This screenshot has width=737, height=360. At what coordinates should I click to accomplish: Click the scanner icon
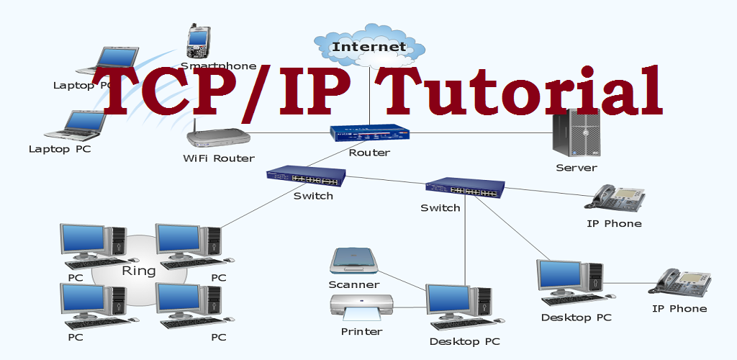[x=353, y=261]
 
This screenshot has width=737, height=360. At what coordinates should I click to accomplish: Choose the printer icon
[x=361, y=308]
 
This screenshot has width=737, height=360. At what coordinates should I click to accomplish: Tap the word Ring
[x=139, y=271]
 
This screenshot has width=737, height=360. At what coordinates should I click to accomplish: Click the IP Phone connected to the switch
[x=618, y=197]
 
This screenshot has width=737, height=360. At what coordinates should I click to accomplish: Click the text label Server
[x=576, y=168]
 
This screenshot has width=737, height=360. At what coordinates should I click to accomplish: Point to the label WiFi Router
[x=219, y=158]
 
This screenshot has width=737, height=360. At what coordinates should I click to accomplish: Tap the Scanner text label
[x=353, y=284]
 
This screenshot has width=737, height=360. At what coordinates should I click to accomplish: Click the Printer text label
[x=361, y=332]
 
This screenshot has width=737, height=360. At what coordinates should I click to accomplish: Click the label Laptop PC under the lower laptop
[x=60, y=149]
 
